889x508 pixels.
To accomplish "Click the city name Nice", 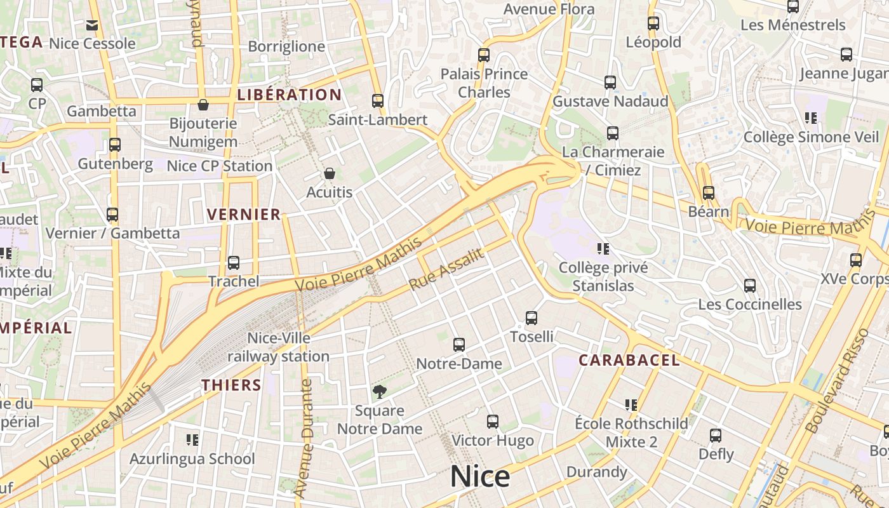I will click(480, 476).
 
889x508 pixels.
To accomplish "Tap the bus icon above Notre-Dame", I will click(459, 345).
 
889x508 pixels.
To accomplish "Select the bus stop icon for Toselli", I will click(531, 318).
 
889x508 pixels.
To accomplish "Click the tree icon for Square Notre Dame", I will click(380, 392).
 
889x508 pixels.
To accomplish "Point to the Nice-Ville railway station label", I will click(279, 347).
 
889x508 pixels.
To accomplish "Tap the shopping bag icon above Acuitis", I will click(329, 173).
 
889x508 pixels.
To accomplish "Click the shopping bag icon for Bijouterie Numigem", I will click(203, 105).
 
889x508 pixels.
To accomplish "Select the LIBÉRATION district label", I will click(290, 95).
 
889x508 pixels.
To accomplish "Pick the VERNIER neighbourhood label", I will click(244, 215).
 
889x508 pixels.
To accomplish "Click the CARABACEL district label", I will click(629, 361).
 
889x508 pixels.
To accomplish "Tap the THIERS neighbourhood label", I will click(232, 385).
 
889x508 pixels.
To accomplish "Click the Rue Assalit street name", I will click(446, 269).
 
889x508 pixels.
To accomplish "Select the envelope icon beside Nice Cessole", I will click(92, 25).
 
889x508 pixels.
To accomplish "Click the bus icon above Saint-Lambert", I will click(378, 101).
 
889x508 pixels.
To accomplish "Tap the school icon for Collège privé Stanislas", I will click(603, 248).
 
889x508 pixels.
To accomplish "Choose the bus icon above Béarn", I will click(708, 192).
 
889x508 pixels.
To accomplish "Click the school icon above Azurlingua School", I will click(192, 439).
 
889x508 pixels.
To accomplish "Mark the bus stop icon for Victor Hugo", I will click(493, 422).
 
